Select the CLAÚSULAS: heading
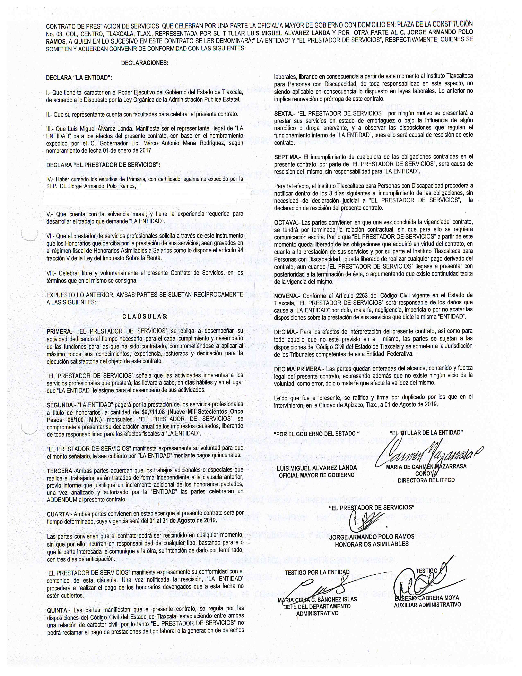pos(145,317)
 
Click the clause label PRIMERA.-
pos(59,331)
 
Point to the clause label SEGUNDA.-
pos(60,405)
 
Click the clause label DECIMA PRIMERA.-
pos(298,369)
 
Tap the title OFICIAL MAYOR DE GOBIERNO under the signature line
pos(316,475)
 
